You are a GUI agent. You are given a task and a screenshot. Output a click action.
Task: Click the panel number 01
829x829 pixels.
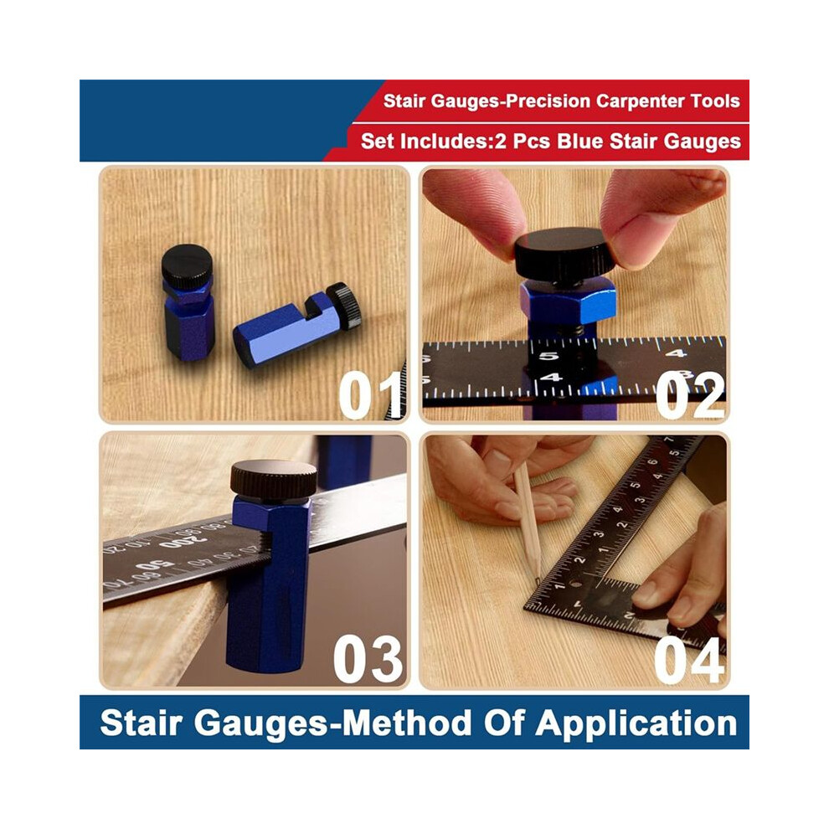pyautogui.click(x=371, y=395)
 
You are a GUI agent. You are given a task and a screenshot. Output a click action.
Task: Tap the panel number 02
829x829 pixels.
pyautogui.click(x=690, y=395)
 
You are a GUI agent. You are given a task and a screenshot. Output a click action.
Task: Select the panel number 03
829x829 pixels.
pyautogui.click(x=368, y=659)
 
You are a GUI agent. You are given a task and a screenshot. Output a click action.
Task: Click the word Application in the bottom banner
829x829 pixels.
pyautogui.click(x=636, y=724)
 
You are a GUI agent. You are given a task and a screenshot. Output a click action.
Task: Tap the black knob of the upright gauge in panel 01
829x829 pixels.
pyautogui.click(x=187, y=266)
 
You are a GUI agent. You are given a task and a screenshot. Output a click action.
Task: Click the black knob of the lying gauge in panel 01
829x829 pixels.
pyautogui.click(x=344, y=305)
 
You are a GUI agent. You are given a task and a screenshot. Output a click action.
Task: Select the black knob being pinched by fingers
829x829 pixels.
pyautogui.click(x=565, y=255)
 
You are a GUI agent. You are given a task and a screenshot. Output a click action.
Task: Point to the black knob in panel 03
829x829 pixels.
pyautogui.click(x=273, y=479)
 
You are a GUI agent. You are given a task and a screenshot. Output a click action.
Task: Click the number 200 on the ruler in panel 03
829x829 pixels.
pyautogui.click(x=183, y=542)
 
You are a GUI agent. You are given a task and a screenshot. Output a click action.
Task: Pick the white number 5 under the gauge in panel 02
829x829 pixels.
pyautogui.click(x=548, y=356)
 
